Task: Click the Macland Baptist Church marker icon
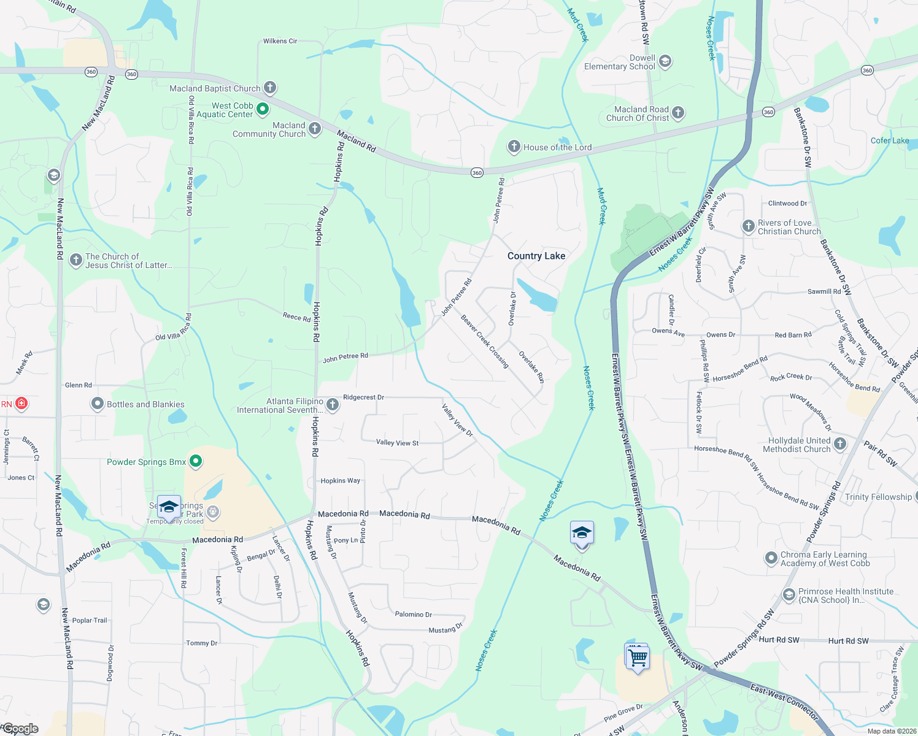tap(270, 88)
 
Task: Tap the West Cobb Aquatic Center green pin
tap(263, 109)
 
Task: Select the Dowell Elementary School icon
tap(665, 61)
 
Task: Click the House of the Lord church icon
tap(514, 147)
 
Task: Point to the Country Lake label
tap(536, 256)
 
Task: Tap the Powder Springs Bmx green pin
tap(196, 461)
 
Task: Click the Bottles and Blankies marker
tap(97, 404)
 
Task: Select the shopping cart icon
tap(638, 657)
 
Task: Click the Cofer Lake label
tap(889, 140)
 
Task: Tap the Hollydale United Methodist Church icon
tap(840, 443)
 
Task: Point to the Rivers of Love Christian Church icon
tap(748, 226)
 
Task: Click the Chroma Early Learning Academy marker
tap(771, 558)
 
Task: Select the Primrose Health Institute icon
tap(789, 594)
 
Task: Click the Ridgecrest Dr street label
tap(363, 397)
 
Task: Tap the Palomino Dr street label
tap(413, 614)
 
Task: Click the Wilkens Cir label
tap(280, 41)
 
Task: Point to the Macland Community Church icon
tap(315, 128)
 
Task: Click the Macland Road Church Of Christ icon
tap(678, 112)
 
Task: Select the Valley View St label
tap(397, 442)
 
